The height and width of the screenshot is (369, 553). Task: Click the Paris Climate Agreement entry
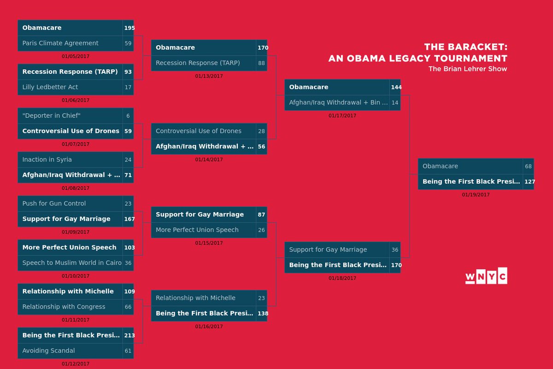pos(60,43)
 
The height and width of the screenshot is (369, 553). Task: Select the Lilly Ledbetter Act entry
pos(50,87)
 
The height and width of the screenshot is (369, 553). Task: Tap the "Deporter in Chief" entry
pos(51,116)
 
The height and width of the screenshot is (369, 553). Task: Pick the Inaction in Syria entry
pos(47,160)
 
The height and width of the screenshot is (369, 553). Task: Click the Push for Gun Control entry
pos(54,204)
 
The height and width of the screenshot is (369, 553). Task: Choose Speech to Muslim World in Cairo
pos(72,263)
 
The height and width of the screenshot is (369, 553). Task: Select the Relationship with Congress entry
pos(64,307)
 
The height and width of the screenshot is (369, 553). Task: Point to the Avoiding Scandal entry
pos(48,351)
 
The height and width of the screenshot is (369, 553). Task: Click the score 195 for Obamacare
pos(129,28)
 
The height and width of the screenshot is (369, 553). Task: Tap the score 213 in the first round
pos(129,335)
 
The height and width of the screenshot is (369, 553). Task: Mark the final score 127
pos(529,182)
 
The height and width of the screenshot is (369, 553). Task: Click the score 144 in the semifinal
pos(396,87)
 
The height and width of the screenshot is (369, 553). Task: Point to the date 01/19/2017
pos(476,195)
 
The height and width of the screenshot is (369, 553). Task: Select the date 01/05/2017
pos(76,56)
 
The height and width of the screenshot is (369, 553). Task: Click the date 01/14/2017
pos(209,160)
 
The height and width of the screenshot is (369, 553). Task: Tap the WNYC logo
pos(486,275)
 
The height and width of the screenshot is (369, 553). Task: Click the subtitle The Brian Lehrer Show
pos(468,69)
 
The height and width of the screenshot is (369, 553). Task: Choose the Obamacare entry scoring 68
pos(440,166)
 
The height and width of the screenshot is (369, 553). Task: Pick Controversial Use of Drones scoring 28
pos(199,131)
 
